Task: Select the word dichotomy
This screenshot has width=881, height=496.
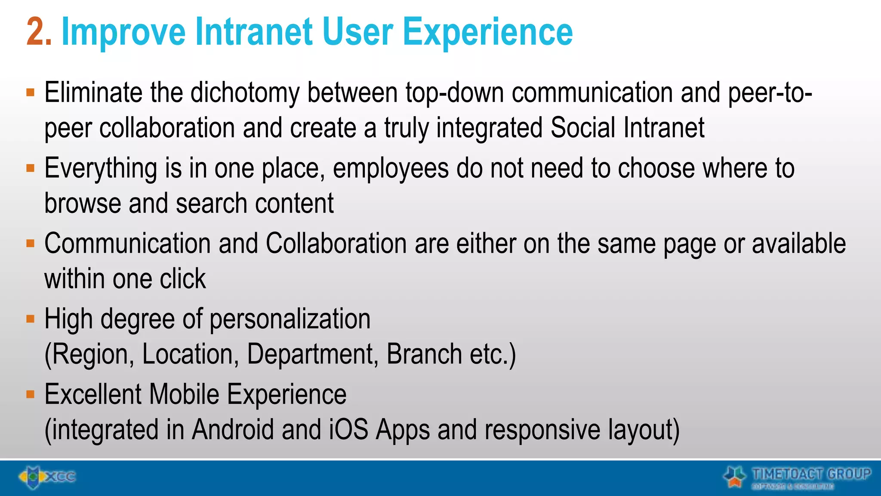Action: pos(244,93)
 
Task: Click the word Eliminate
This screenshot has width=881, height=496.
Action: pos(93,93)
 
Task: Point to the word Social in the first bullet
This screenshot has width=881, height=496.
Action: pos(582,128)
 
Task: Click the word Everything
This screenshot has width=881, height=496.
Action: pos(101,169)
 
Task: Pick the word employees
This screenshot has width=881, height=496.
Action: pos(391,169)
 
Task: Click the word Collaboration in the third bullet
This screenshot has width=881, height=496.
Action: pos(336,244)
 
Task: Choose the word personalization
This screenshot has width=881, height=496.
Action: pos(290,319)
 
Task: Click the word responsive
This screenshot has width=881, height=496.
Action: pos(542,430)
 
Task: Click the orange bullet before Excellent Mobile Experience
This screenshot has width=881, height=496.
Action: pos(30,394)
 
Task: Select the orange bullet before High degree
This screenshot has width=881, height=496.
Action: pos(30,319)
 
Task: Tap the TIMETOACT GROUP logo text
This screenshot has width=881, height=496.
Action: pos(811,474)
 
